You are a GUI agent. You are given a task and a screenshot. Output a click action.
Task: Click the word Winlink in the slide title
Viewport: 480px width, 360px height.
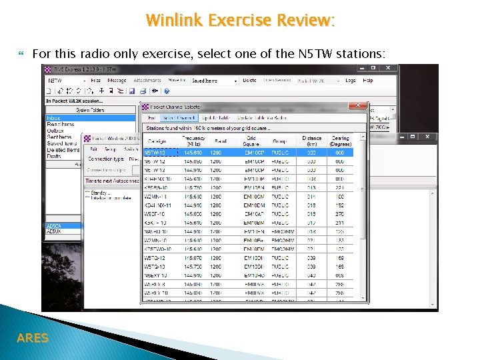point(175,20)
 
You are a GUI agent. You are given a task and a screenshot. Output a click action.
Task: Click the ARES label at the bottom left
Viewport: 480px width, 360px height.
point(32,338)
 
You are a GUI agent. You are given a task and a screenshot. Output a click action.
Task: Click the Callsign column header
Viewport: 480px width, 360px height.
point(157,141)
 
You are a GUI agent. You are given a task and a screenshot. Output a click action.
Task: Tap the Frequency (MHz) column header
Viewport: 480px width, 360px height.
point(193,141)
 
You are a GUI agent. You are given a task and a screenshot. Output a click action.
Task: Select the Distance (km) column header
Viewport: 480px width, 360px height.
point(311,141)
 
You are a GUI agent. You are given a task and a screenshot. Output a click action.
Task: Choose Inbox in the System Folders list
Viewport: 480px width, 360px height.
point(53,118)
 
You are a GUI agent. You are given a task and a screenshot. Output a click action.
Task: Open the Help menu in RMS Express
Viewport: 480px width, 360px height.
point(368,80)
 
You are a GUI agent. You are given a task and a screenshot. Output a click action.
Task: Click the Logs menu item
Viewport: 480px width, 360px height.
point(351,80)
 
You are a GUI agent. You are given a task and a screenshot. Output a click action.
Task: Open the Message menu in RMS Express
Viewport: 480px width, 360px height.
point(117,80)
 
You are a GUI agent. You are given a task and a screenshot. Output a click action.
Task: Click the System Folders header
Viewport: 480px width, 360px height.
point(90,110)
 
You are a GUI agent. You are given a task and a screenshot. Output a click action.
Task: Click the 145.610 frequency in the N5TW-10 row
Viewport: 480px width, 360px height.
point(193,153)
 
